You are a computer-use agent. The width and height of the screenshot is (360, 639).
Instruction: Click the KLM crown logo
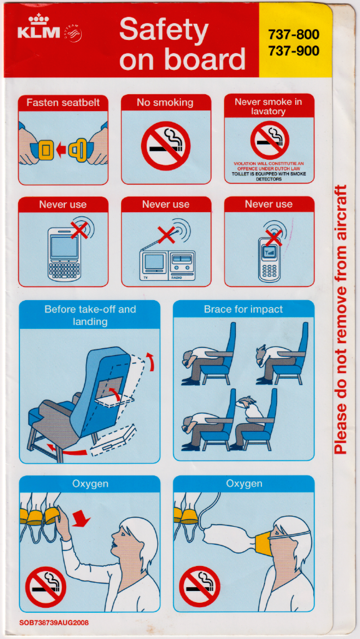coord(39,19)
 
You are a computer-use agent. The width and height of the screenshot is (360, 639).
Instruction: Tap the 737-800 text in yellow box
coord(293,35)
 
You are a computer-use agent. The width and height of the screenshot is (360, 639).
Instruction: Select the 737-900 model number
coord(293,51)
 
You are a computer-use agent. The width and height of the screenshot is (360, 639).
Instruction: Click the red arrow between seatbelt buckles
coord(61,150)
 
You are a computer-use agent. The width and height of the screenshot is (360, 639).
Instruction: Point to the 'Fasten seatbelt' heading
coord(63,103)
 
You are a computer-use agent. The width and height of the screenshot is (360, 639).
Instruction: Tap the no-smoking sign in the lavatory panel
coord(269,140)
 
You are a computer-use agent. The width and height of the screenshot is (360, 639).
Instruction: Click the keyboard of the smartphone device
coord(64,270)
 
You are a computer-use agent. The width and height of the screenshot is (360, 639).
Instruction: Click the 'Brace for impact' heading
coord(243,310)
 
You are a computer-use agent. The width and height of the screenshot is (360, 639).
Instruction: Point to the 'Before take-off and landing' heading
coord(90,315)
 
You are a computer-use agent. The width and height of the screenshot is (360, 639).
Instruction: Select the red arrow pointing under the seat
coord(67,450)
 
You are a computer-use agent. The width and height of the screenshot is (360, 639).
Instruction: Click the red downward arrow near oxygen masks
coord(81,519)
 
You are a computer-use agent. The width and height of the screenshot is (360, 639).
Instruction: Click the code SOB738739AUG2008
coord(54,623)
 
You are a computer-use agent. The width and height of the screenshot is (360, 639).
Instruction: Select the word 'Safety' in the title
coord(163,31)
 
